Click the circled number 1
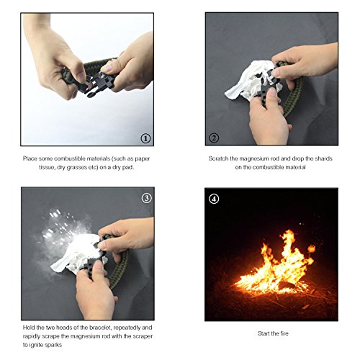coord(145,138)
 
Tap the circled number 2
coord(214,138)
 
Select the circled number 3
coord(146,198)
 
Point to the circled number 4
coord(214,199)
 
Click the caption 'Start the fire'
coord(273,333)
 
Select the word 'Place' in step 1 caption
coord(30,158)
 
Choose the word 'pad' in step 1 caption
coord(127,167)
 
